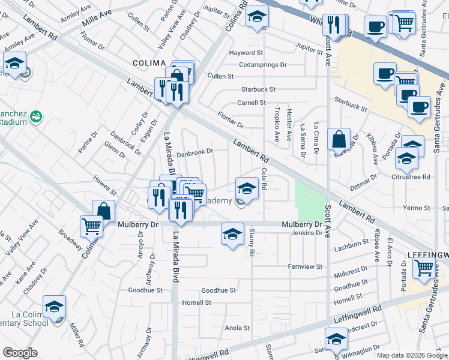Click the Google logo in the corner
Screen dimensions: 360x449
[20, 353]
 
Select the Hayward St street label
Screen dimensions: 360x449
[246, 53]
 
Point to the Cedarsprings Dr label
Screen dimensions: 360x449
[263, 65]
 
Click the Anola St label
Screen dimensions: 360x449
[237, 328]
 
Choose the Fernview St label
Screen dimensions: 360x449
[306, 266]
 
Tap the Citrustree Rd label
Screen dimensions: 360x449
[411, 177]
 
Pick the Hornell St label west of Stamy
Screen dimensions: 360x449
[197, 303]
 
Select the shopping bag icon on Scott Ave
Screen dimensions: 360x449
[339, 139]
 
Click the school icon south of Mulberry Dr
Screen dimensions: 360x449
[232, 234]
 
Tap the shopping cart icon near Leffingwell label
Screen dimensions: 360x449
[424, 268]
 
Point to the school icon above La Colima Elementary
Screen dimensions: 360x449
[55, 307]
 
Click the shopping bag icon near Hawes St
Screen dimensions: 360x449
[103, 211]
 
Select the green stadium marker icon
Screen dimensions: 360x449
[37, 115]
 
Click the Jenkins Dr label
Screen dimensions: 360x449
[307, 233]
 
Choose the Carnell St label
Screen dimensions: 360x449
[252, 103]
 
